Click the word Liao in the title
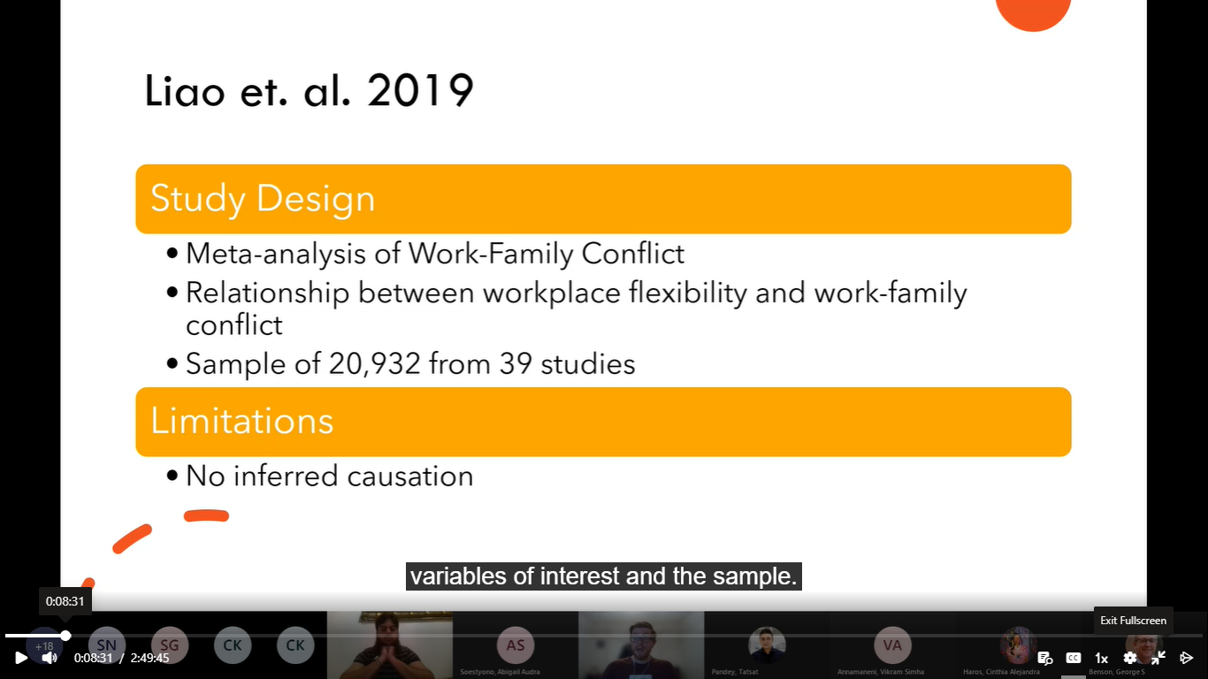coord(184,90)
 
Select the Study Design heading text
coord(263,198)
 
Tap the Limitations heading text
coord(241,421)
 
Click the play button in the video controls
coord(20,658)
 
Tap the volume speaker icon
coord(50,658)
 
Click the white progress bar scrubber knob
coord(65,636)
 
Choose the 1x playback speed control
coord(1101,658)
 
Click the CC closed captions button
coord(1073,658)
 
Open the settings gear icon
coord(1129,658)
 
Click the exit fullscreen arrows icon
coord(1158,658)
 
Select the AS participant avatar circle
coord(516,645)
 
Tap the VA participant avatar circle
coord(892,645)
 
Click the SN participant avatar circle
coord(107,645)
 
